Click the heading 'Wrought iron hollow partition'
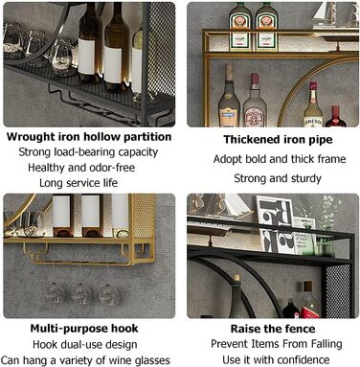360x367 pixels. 89,137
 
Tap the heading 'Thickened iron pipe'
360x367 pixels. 278,140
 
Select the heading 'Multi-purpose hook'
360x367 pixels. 84,329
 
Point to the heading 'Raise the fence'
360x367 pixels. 273,329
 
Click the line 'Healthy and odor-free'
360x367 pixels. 81,168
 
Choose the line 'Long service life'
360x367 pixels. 79,183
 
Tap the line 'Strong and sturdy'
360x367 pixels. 278,178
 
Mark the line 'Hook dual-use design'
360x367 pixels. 85,345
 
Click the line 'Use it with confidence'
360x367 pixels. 276,360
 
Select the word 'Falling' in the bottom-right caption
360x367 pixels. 324,344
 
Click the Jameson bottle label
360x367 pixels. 313,122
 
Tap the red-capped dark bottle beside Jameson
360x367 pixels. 335,117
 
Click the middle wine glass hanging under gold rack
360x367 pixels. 81,293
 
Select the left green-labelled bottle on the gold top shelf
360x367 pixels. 240,26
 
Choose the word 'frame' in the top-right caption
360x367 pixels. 331,159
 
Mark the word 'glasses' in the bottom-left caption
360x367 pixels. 152,360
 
